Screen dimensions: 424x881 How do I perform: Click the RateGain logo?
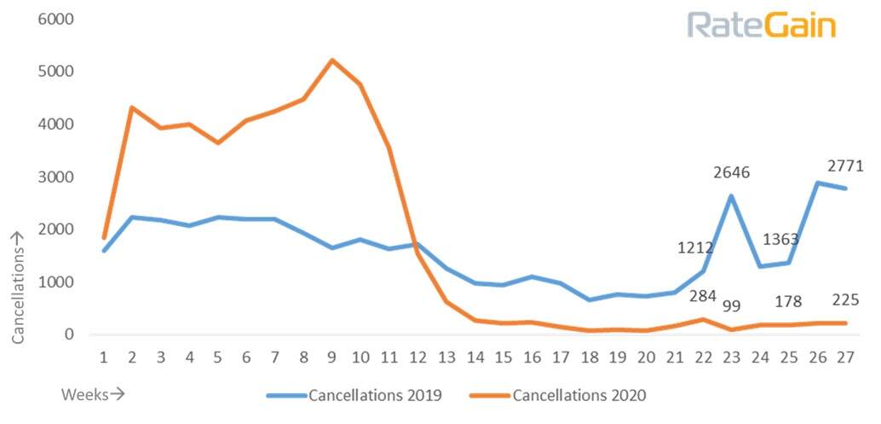pos(761,25)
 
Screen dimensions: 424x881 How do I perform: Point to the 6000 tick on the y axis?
pos(57,19)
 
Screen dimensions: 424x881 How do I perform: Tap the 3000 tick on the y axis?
pos(57,177)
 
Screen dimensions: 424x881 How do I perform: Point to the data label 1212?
pos(695,248)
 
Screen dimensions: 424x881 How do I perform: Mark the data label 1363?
pos(782,239)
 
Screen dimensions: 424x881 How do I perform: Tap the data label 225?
pos(844,299)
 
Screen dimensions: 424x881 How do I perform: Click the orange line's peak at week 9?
pos(331,60)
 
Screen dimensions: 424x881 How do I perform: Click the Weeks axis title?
pos(92,394)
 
